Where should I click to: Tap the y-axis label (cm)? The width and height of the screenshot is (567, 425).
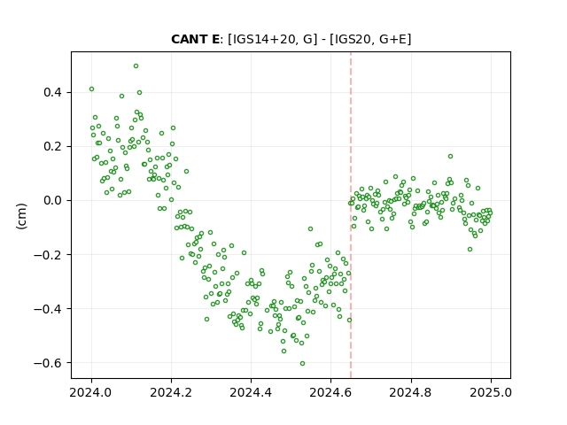[x=21, y=216]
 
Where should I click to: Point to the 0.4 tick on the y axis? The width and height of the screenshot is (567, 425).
[x=53, y=92]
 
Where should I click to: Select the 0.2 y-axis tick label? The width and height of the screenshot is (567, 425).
[x=53, y=147]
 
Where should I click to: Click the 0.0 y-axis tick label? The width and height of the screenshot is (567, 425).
[x=53, y=201]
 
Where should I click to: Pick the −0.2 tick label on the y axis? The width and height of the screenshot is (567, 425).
[x=49, y=255]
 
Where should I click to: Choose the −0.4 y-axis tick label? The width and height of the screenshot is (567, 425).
[x=49, y=309]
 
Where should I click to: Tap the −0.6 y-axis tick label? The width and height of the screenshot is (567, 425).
[x=49, y=362]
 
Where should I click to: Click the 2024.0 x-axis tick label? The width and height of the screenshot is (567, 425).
[x=91, y=392]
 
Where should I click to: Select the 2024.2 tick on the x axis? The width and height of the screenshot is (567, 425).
[x=171, y=392]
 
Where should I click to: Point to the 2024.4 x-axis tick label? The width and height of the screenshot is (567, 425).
[x=251, y=392]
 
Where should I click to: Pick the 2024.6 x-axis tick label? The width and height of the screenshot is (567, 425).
[x=330, y=392]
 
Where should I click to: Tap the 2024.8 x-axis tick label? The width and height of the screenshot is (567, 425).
[x=411, y=392]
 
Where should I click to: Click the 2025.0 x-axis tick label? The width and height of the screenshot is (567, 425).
[x=491, y=392]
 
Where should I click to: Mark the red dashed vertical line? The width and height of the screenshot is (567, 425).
[x=351, y=215]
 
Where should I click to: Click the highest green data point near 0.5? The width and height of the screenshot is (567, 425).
[x=136, y=66]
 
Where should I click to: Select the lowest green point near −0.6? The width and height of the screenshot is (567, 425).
[x=303, y=364]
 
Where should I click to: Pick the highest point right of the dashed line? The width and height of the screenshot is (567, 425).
[x=451, y=157]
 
